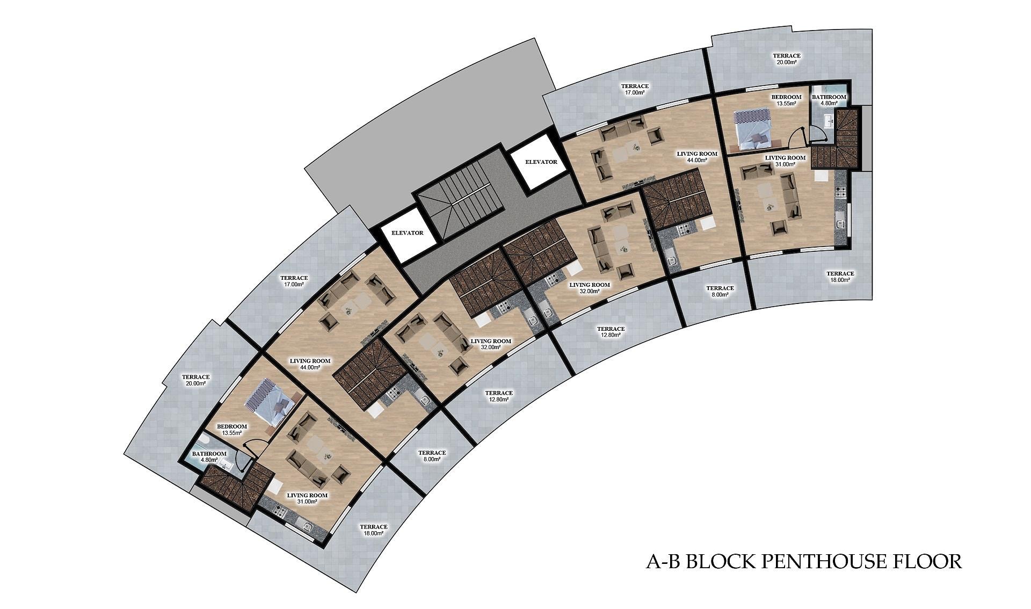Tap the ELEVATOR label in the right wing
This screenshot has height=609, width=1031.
click(541, 162)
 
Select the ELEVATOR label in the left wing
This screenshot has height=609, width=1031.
click(408, 233)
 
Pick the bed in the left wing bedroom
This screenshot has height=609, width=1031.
click(272, 402)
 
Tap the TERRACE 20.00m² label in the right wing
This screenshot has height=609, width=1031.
click(786, 59)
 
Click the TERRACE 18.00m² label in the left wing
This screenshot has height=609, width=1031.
click(374, 530)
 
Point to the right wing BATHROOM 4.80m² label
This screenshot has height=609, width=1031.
click(829, 100)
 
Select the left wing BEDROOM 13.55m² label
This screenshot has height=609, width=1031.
click(232, 430)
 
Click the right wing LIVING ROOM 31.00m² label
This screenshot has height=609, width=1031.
click(785, 161)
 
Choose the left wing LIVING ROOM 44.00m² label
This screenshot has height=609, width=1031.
click(310, 364)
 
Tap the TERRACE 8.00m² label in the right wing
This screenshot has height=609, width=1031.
click(720, 291)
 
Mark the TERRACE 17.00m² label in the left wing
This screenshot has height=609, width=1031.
click(294, 281)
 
